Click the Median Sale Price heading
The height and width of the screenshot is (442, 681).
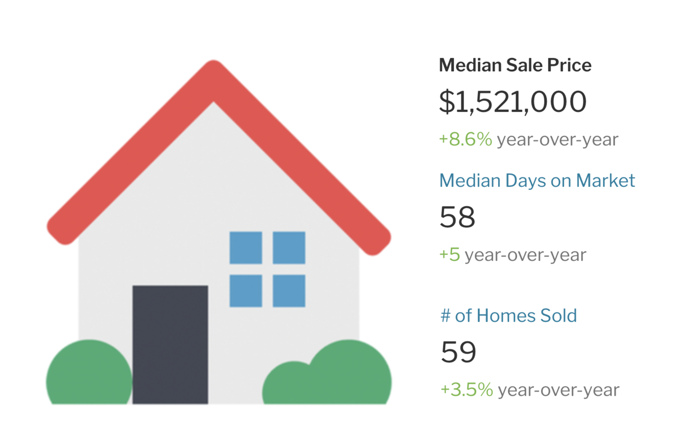click(515, 65)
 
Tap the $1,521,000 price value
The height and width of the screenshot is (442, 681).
click(513, 101)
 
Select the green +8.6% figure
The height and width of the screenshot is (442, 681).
click(465, 139)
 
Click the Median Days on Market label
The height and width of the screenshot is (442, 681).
click(537, 181)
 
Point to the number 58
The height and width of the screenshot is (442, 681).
click(457, 217)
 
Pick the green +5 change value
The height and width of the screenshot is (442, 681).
click(449, 254)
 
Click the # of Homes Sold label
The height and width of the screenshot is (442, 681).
click(509, 315)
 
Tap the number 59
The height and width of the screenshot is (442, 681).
click(458, 352)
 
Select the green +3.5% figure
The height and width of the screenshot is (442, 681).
click(467, 390)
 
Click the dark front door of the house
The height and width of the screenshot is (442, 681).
click(170, 345)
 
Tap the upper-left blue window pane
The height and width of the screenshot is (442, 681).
click(246, 248)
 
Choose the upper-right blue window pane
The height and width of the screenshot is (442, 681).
click(289, 248)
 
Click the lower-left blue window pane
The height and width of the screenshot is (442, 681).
click(246, 291)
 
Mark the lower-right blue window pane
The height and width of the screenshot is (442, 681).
click(289, 291)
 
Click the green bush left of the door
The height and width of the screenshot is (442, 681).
click(89, 372)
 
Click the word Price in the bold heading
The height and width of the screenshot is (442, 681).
click(569, 65)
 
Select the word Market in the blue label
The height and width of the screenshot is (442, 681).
click(605, 181)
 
